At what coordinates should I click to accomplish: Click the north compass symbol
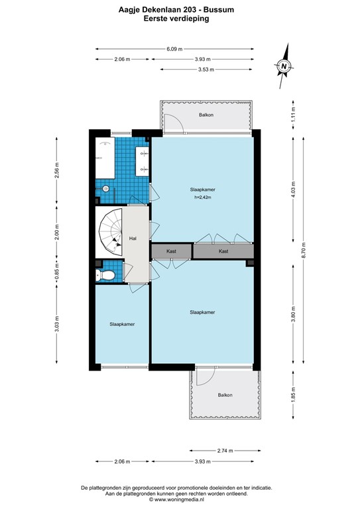283,66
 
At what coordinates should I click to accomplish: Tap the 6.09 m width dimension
174,48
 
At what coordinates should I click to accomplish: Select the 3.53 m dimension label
205,70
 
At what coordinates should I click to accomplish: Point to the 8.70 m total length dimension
304,250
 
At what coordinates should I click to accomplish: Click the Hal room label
133,239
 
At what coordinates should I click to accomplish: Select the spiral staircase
110,233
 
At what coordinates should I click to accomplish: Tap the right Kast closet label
224,252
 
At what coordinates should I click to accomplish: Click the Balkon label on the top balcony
206,115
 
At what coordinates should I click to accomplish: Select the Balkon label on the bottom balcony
225,396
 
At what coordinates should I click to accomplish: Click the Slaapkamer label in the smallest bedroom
122,324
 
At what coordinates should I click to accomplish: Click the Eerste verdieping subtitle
176,20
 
